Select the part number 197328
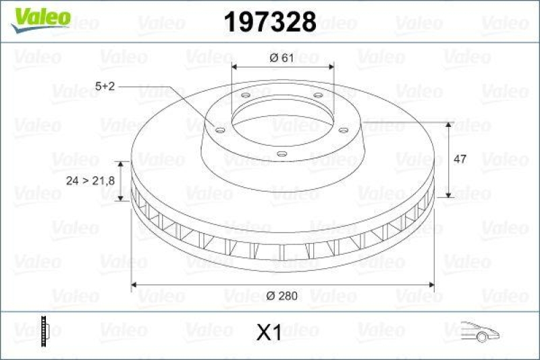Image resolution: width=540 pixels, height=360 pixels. point(269,22)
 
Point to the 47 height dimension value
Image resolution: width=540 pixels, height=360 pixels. point(460,159)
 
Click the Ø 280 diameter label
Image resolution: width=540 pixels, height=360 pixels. point(281,294)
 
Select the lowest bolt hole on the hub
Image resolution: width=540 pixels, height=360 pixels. point(282,155)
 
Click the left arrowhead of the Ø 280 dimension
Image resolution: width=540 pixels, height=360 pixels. point(134,284)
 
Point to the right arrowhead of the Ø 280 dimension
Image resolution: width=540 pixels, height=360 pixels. point(431,284)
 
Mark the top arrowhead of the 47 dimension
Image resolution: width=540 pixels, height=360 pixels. point(449,126)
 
